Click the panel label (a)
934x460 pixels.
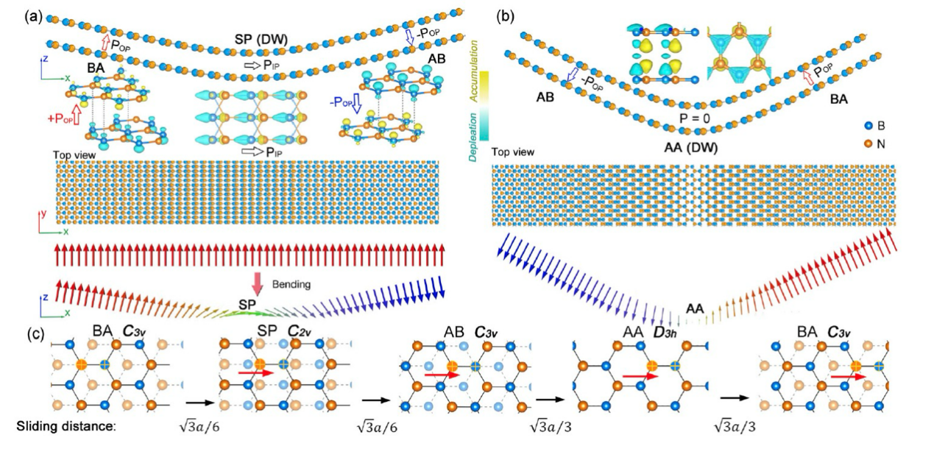coord(13,15)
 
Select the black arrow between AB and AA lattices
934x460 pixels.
coord(551,398)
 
